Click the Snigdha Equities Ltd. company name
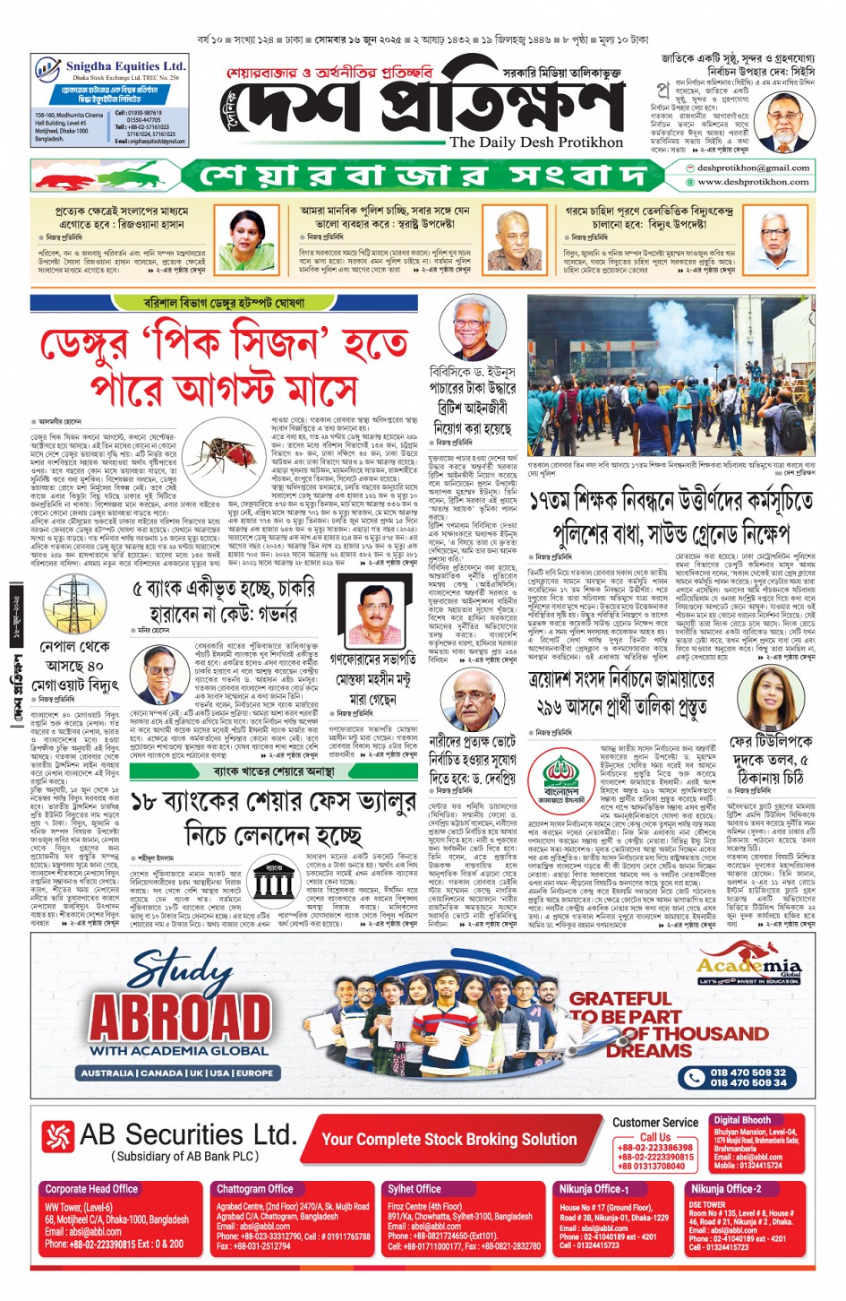[x=125, y=66]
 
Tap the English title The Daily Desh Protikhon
[x=535, y=142]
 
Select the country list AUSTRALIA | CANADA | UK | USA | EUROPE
[x=177, y=1073]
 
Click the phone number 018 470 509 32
[x=748, y=1072]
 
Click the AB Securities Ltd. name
[x=188, y=1135]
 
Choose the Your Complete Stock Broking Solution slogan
[x=449, y=1140]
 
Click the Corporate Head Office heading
[x=91, y=1189]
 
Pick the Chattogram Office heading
[x=254, y=1189]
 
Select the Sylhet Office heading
[x=414, y=1189]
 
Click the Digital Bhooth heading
[x=742, y=1120]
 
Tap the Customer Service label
[x=655, y=1123]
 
